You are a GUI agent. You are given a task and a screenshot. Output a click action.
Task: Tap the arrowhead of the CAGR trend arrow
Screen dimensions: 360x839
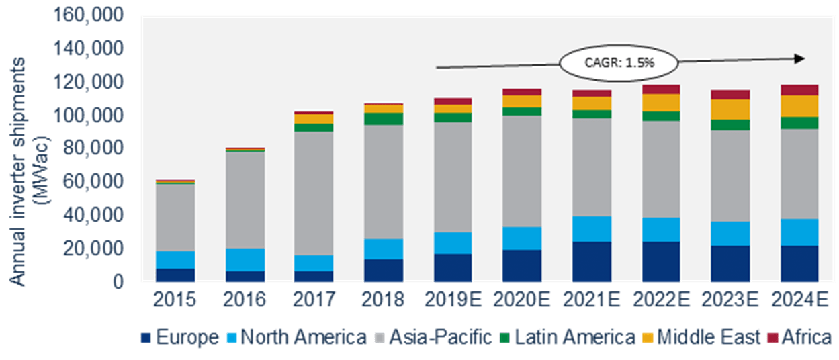[x=799, y=58]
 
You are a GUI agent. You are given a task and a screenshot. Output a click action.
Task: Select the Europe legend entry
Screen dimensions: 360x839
[x=181, y=336]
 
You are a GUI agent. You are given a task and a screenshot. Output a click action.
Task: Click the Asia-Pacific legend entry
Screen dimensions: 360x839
[x=433, y=336]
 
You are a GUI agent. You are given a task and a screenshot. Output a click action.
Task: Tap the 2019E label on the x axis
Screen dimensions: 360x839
[x=452, y=299]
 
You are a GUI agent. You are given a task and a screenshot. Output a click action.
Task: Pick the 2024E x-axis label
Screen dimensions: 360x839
[x=799, y=299]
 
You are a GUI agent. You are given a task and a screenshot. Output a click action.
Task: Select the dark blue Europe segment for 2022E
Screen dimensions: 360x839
[x=661, y=262]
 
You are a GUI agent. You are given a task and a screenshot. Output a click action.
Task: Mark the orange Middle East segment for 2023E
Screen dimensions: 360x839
[x=730, y=109]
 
